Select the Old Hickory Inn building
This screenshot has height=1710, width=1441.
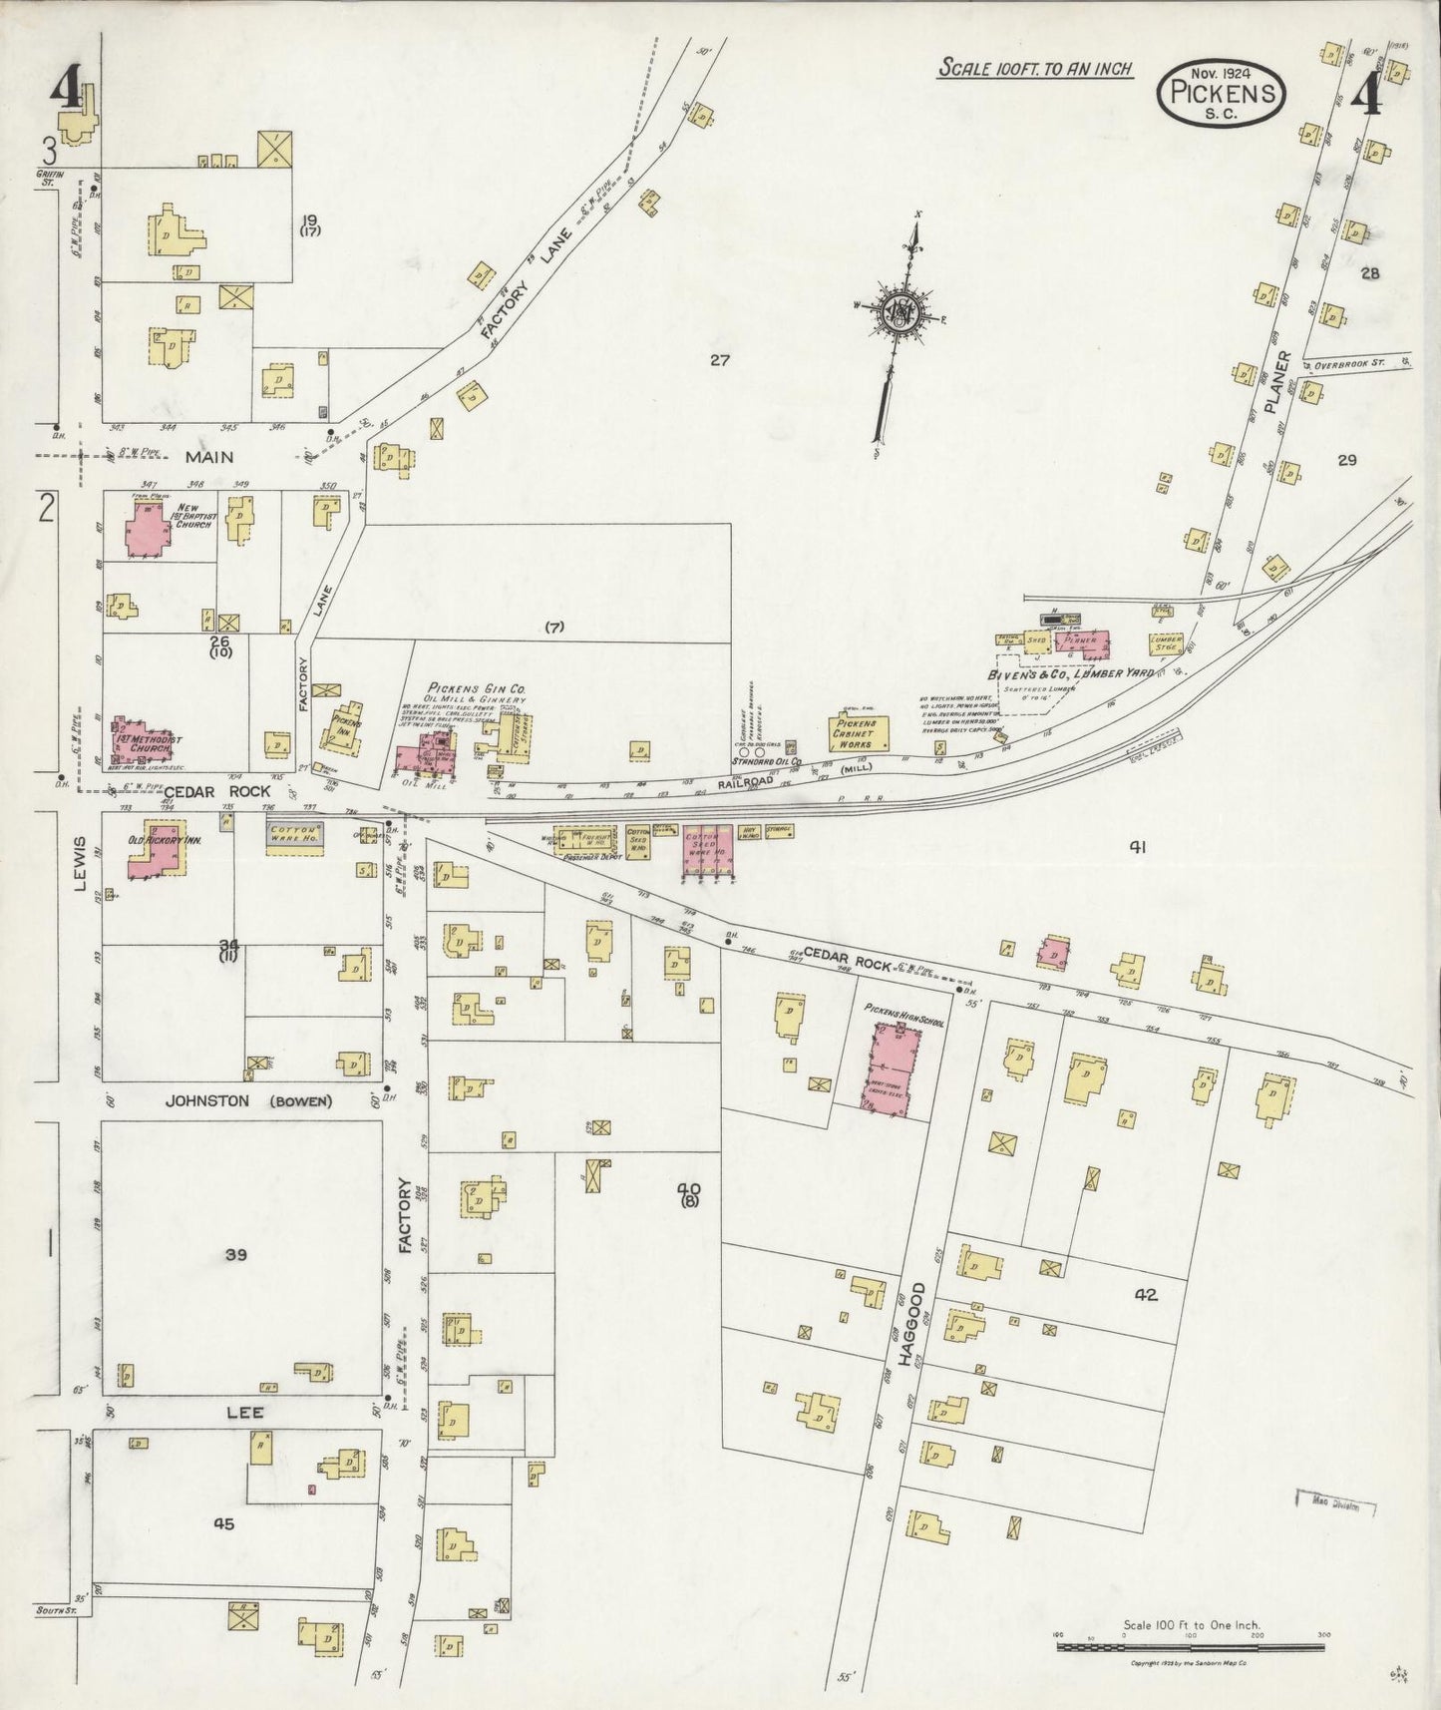[x=154, y=848]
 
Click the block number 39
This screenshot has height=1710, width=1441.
[x=235, y=1254]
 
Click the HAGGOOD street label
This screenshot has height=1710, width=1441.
[x=914, y=1324]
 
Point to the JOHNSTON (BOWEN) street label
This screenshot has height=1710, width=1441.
[x=248, y=1101]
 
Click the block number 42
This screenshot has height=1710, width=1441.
[x=1145, y=1295]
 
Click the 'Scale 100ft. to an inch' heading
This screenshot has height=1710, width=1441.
[x=1034, y=69]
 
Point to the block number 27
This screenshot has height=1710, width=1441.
[x=721, y=360]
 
